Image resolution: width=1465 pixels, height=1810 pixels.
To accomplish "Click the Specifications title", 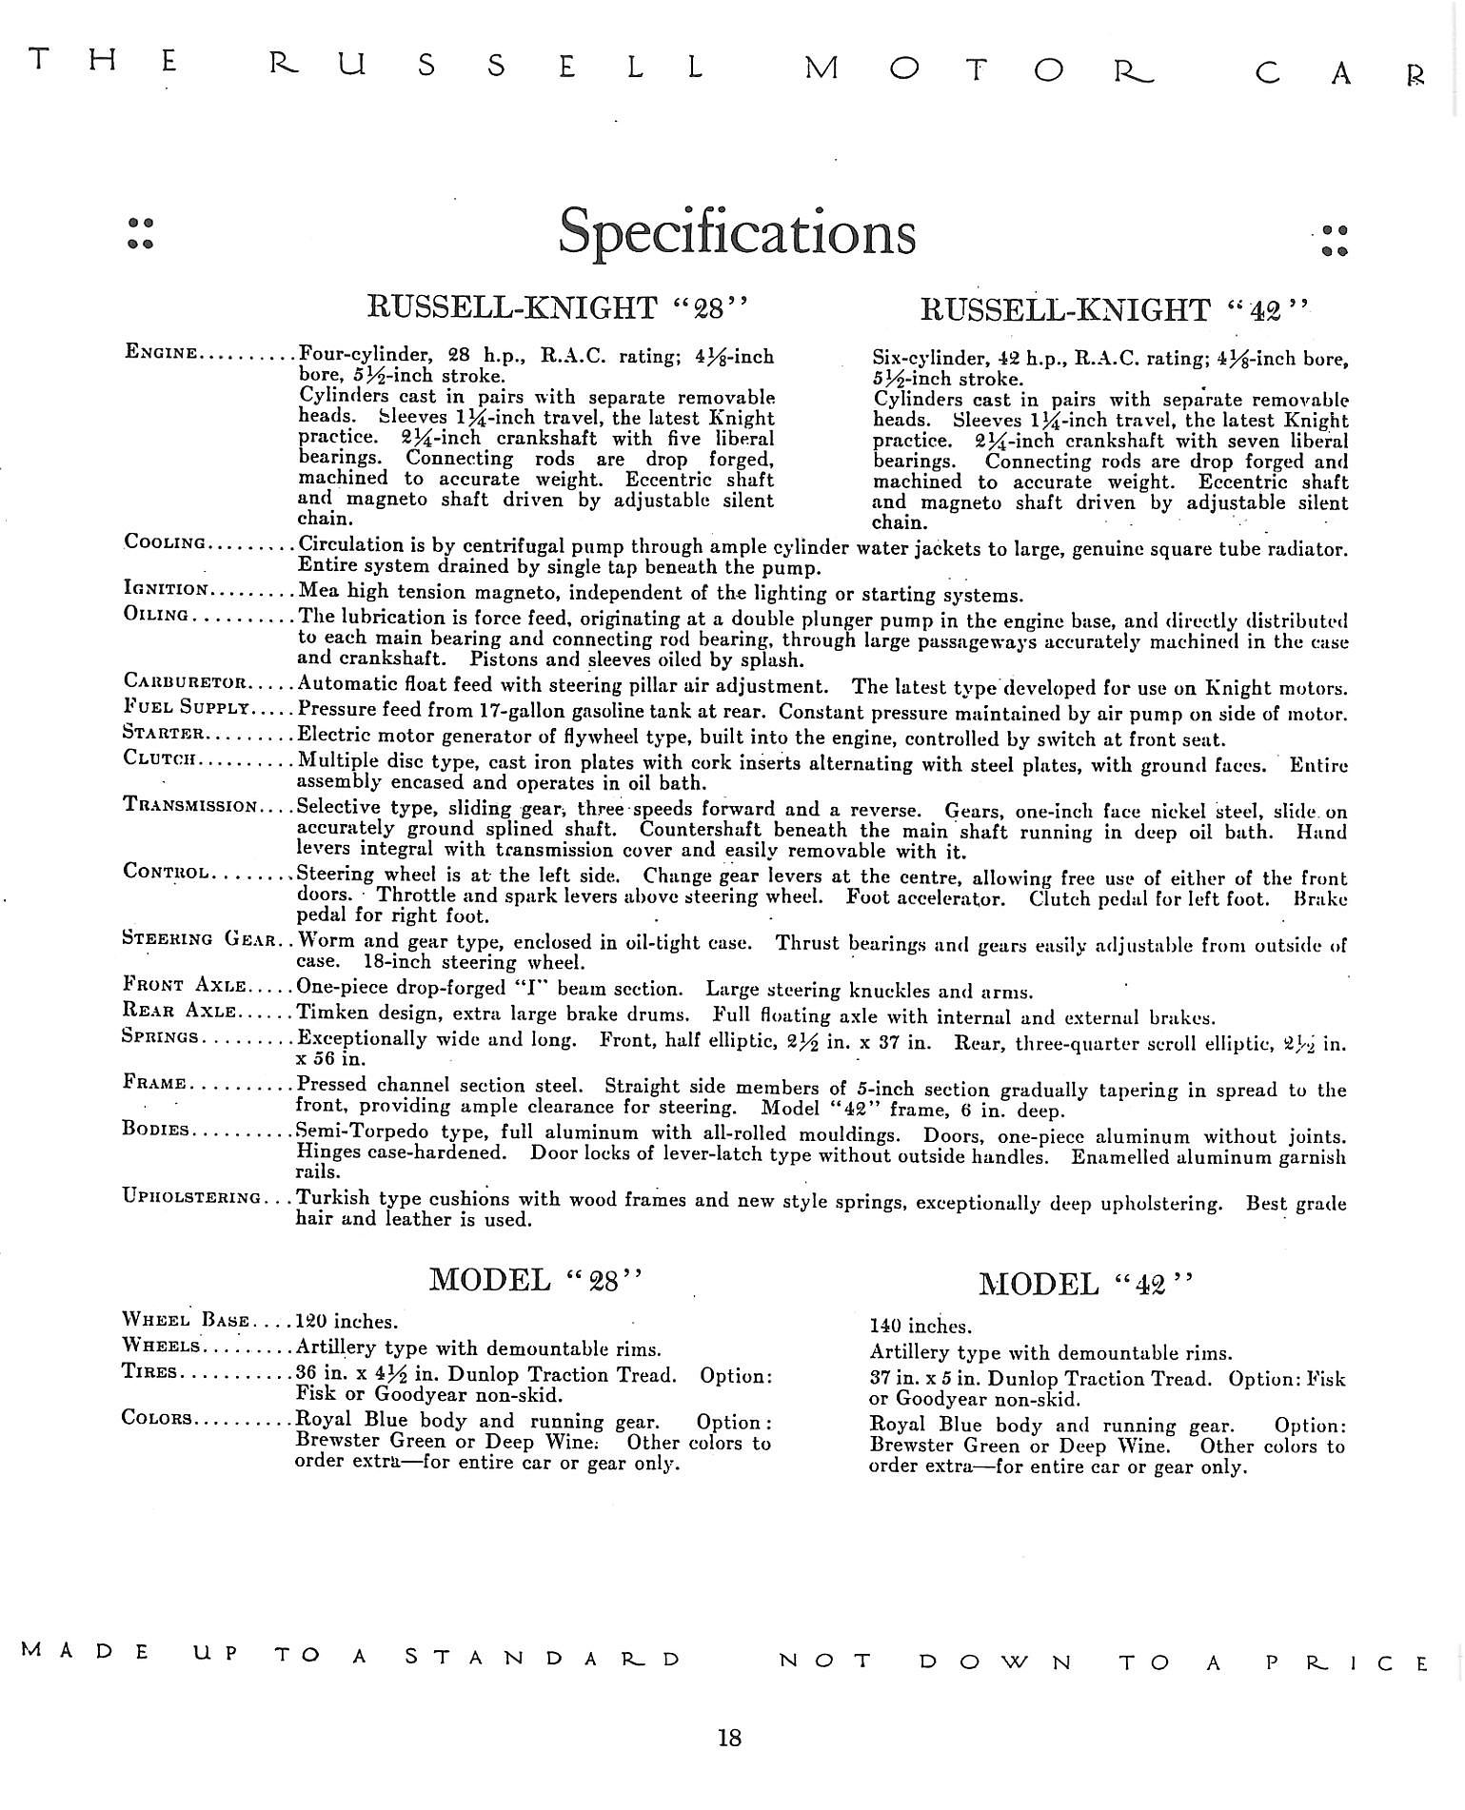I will click(737, 231).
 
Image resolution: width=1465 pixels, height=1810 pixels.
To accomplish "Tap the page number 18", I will click(729, 1738).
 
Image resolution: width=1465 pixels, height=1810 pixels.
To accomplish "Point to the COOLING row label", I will click(165, 542).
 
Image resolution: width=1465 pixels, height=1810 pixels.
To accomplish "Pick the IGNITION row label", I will click(167, 588).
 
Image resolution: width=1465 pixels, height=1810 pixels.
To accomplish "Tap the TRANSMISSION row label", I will click(190, 805).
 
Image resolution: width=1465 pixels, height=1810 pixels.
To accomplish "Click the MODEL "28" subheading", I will click(537, 1279).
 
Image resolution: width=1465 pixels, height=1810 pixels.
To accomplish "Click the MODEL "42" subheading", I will click(1084, 1284).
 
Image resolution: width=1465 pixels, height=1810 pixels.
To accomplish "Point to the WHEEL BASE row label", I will click(186, 1320).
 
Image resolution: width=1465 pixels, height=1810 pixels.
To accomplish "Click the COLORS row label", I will click(157, 1418).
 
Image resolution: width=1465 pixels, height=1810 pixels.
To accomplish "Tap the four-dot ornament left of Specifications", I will click(141, 232).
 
